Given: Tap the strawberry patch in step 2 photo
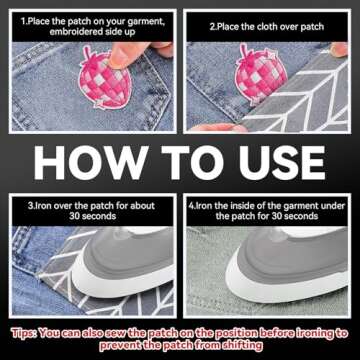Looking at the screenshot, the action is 260,75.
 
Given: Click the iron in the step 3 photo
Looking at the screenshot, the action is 125,261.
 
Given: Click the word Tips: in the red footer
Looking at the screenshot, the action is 24,333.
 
